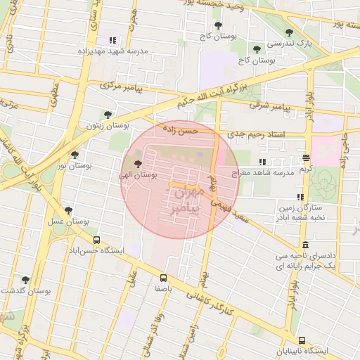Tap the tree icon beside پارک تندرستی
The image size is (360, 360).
[289, 32]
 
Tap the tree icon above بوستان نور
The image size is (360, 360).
[75, 155]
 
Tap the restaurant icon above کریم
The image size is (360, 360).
[306, 158]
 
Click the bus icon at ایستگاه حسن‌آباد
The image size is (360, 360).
[96, 239]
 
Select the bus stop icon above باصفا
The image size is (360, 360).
[164, 277]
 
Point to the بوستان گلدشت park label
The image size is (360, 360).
[27, 290]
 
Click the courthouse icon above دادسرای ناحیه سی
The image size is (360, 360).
[304, 245]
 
